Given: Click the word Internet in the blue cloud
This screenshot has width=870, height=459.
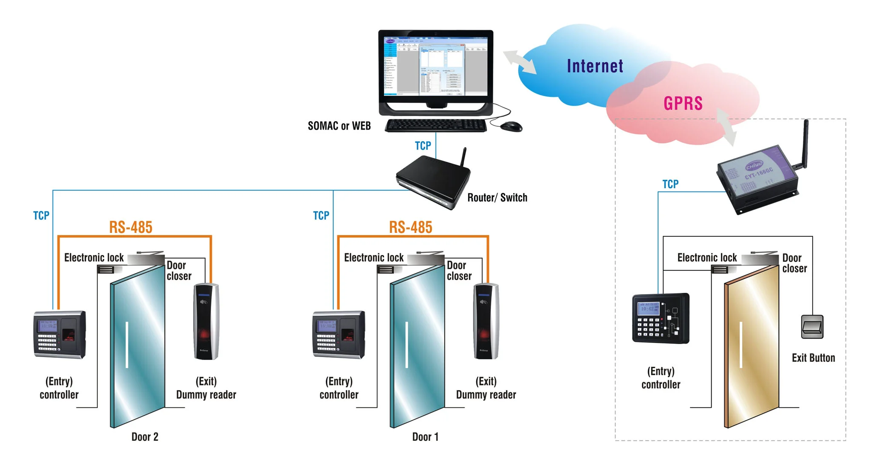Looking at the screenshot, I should (x=595, y=66).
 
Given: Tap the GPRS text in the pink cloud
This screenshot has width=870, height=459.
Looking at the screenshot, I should (x=683, y=103).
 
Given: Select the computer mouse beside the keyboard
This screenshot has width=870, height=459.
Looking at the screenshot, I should (x=511, y=126).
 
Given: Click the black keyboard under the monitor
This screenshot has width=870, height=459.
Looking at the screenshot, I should (x=436, y=125).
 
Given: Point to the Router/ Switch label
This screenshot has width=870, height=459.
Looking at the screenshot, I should (x=497, y=198).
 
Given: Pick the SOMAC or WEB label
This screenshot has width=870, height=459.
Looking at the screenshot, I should (x=339, y=126).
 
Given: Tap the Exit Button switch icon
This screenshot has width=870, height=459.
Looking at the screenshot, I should (x=812, y=327).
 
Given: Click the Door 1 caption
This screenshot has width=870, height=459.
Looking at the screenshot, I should (x=425, y=437).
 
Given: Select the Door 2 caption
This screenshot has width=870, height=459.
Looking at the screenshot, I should (x=144, y=437).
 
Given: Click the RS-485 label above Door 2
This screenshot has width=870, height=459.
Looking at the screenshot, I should (x=130, y=227).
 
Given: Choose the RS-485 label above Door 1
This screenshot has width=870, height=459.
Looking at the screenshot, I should (x=410, y=227).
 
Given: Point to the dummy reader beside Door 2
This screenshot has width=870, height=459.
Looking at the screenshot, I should (x=206, y=321).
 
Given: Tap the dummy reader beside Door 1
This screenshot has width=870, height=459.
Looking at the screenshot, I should (x=486, y=321).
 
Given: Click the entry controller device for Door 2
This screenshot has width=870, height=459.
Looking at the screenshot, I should (x=59, y=334).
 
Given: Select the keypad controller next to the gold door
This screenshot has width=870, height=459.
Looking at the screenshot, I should (x=661, y=318).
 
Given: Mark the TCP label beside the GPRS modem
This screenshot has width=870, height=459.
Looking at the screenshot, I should (x=670, y=184).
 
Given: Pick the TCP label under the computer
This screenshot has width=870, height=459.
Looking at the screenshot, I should (x=423, y=146).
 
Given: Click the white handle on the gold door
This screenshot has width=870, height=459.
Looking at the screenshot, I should (x=741, y=345).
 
